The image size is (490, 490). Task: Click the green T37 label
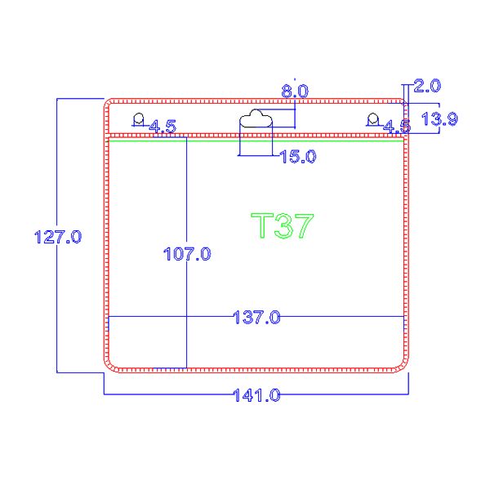click(283, 225)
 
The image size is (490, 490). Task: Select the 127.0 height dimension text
click(58, 237)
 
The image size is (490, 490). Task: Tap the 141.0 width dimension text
click(257, 395)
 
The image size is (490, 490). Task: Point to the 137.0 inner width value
click(257, 317)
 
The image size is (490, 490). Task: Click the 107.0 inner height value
click(187, 254)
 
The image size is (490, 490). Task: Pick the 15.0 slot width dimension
click(297, 157)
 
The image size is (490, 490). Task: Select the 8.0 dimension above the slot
click(295, 91)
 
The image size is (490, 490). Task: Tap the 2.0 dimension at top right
click(427, 86)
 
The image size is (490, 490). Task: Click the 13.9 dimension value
click(439, 119)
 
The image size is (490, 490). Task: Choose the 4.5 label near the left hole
click(163, 127)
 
